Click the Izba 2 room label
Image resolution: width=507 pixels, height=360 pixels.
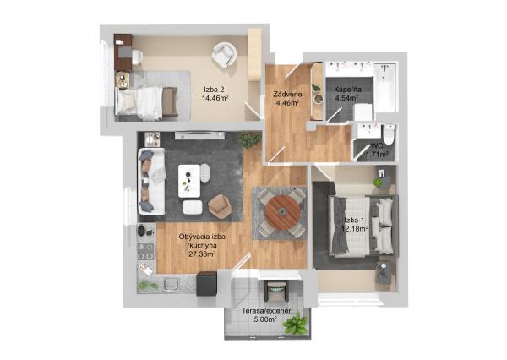pyautogui.click(x=214, y=90)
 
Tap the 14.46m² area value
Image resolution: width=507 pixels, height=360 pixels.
pyautogui.click(x=215, y=98)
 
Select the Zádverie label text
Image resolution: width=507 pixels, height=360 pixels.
pyautogui.click(x=287, y=95)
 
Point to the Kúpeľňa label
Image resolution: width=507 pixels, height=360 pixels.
pyautogui.click(x=348, y=90)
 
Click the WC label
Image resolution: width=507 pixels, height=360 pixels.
pyautogui.click(x=377, y=146)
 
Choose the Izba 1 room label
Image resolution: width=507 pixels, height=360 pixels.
pyautogui.click(x=354, y=221)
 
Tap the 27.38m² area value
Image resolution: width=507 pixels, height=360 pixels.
pyautogui.click(x=203, y=254)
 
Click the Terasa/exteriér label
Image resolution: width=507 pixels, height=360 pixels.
pyautogui.click(x=266, y=311)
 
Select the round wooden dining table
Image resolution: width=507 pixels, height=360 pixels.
pyautogui.click(x=282, y=212)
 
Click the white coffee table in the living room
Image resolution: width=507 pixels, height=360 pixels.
pyautogui.click(x=189, y=181)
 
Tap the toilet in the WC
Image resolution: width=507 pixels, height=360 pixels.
pyautogui.click(x=388, y=134)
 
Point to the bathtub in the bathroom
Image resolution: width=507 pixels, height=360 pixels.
pyautogui.click(x=385, y=88)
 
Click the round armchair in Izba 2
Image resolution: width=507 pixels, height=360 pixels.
pyautogui.click(x=224, y=55)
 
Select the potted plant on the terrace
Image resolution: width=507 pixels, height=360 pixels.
pyautogui.click(x=295, y=322)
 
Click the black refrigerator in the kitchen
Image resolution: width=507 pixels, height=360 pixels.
pyautogui.click(x=206, y=284)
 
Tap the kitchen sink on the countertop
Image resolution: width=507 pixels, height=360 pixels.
pyautogui.click(x=172, y=284)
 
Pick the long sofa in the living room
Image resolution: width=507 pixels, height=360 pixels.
pyautogui.click(x=151, y=182)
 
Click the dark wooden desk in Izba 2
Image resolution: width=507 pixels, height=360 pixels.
pyautogui.click(x=123, y=52)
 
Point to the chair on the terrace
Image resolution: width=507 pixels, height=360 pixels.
pyautogui.click(x=275, y=291)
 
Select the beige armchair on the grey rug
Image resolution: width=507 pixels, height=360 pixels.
pyautogui.click(x=219, y=205)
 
